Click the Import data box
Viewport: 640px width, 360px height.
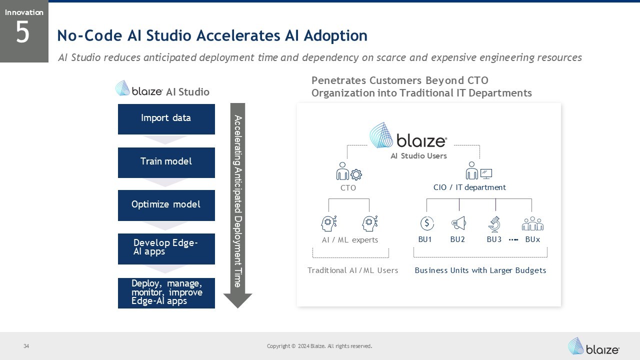coord(166,119)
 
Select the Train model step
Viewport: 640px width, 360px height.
coord(166,162)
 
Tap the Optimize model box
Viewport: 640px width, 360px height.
coord(166,205)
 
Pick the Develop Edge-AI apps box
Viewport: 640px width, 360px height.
coord(166,248)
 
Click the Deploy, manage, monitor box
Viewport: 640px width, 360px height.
coord(166,293)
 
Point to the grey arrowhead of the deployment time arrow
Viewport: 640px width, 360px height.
coord(237,300)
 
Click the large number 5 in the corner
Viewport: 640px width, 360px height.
coord(23,33)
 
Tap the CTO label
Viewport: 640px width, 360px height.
coord(348,188)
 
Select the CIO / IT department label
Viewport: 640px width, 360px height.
coord(469,187)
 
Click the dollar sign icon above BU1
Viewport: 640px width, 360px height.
coord(427,223)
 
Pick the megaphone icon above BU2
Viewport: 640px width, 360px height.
coord(458,223)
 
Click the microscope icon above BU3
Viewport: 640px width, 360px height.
coord(494,223)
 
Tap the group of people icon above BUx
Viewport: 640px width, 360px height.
coord(532,223)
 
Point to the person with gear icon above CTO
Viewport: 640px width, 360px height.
coord(348,171)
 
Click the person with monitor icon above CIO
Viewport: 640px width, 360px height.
coord(478,171)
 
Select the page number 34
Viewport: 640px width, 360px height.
coord(26,346)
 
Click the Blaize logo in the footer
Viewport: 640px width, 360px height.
coord(593,346)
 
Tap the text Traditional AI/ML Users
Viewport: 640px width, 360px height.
coord(352,270)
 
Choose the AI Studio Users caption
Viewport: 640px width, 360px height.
coord(418,156)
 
